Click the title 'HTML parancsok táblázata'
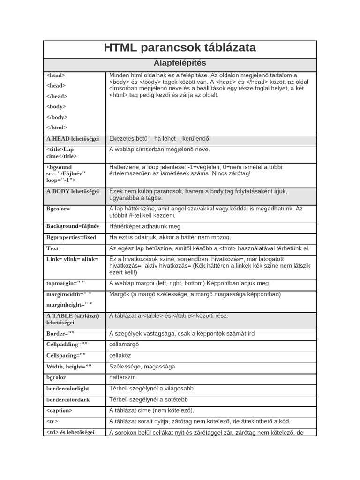pos(180,48)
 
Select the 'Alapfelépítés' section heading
pos(180,63)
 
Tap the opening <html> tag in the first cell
pos(56,75)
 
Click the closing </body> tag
pos(57,117)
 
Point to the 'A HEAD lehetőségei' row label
pos(73,139)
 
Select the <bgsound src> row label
pos(66,173)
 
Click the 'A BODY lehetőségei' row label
pos(73,191)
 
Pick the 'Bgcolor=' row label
pos(58,209)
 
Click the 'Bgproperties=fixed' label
pos(71,237)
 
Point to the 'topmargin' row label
pos(66,283)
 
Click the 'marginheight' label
pos(69,304)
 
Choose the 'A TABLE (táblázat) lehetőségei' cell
pos(73,319)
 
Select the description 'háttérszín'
pos(122,377)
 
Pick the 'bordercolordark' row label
pos(67,400)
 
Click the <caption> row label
pos(60,410)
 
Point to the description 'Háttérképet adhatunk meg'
pos(144,226)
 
